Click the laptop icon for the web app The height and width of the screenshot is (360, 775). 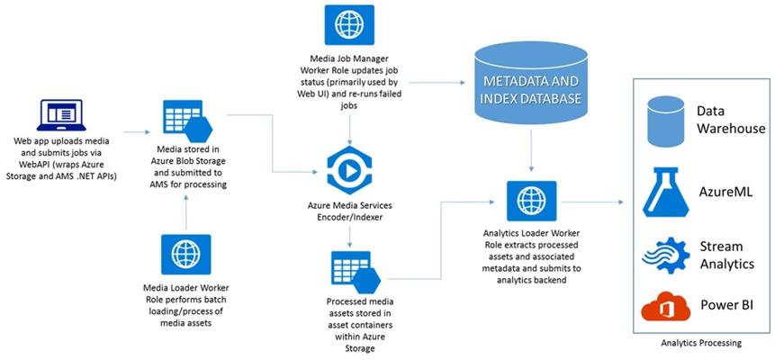pyautogui.click(x=61, y=114)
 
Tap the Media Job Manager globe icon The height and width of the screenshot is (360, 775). pyautogui.click(x=349, y=24)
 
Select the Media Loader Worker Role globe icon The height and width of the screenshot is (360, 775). pyautogui.click(x=185, y=254)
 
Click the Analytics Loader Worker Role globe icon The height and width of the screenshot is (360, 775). pyautogui.click(x=531, y=201)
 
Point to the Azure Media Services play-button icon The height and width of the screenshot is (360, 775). pyautogui.click(x=349, y=171)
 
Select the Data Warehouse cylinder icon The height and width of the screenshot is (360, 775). pyautogui.click(x=665, y=121)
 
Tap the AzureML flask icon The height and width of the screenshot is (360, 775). pyautogui.click(x=664, y=192)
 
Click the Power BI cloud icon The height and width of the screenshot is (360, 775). pyautogui.click(x=665, y=307)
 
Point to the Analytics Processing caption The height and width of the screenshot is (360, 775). pyautogui.click(x=703, y=342)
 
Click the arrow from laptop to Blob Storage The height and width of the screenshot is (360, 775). pyautogui.click(x=137, y=132)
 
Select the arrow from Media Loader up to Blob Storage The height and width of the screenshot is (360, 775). pyautogui.click(x=185, y=211)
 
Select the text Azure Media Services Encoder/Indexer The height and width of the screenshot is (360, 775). pyautogui.click(x=349, y=210)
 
